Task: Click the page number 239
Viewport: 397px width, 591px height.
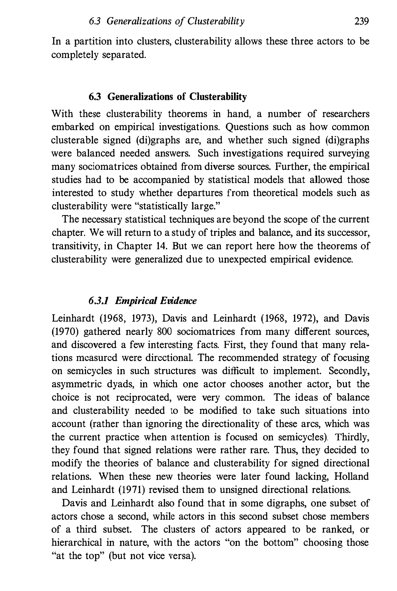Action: pyautogui.click(x=361, y=22)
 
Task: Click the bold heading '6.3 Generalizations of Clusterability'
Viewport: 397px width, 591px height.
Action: pyautogui.click(x=168, y=96)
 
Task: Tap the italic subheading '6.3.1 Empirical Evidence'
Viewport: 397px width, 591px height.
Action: pyautogui.click(x=142, y=301)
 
